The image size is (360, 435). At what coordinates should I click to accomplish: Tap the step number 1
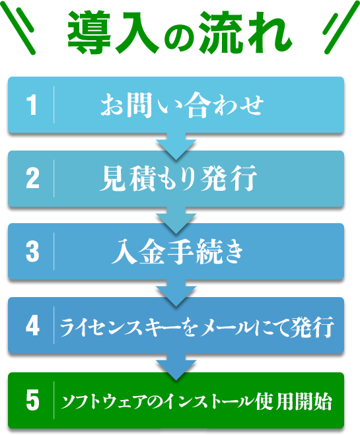pyautogui.click(x=32, y=104)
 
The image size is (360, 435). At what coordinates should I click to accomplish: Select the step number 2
pyautogui.click(x=32, y=178)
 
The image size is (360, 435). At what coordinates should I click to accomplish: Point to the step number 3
pyautogui.click(x=32, y=251)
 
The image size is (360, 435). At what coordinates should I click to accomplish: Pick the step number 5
pyautogui.click(x=32, y=400)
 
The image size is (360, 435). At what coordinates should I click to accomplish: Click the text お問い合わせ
pyautogui.click(x=182, y=105)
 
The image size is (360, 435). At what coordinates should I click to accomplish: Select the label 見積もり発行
pyautogui.click(x=178, y=178)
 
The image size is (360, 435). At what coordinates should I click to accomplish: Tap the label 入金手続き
pyautogui.click(x=178, y=251)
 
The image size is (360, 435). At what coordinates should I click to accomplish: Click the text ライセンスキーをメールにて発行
pyautogui.click(x=197, y=326)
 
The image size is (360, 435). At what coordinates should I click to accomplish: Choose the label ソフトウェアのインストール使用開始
pyautogui.click(x=196, y=401)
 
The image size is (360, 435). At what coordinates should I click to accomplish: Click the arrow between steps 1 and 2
pyautogui.click(x=176, y=146)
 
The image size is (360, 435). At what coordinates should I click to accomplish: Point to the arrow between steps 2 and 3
pyautogui.click(x=176, y=220)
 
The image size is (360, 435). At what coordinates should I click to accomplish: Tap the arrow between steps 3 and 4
pyautogui.click(x=176, y=293)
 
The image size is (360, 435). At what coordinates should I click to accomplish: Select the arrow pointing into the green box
pyautogui.click(x=176, y=367)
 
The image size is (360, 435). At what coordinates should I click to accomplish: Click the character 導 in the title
pyautogui.click(x=89, y=33)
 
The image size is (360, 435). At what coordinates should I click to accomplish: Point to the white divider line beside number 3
pyautogui.click(x=54, y=251)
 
